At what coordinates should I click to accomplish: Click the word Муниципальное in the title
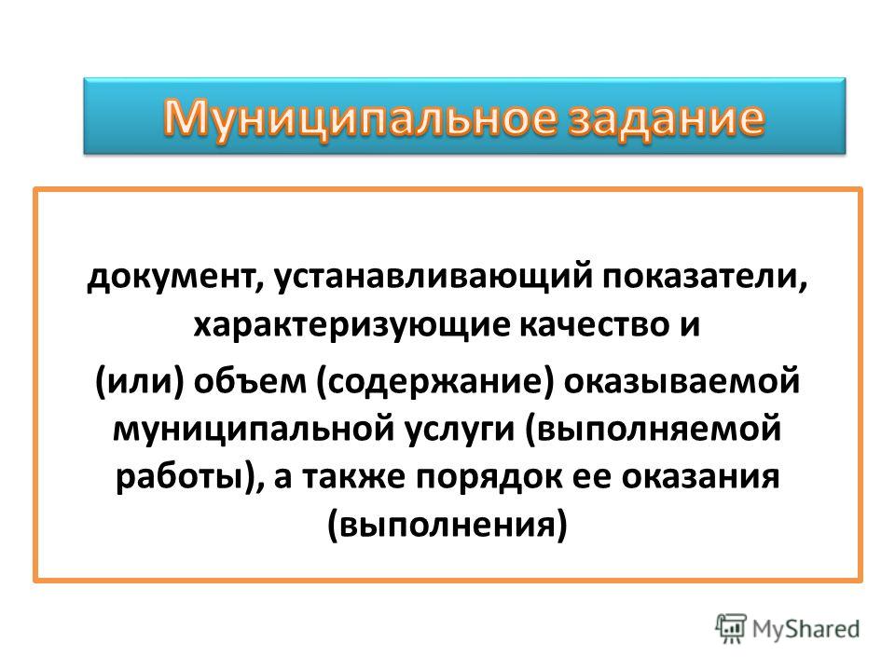[360, 118]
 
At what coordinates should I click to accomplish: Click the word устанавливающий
[434, 279]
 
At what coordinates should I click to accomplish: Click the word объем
[250, 382]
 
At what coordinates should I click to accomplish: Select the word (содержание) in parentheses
[435, 382]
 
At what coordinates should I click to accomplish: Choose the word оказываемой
[682, 382]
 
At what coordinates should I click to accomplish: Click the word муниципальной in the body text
[254, 430]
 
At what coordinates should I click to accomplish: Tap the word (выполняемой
[652, 430]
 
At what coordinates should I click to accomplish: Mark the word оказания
[700, 477]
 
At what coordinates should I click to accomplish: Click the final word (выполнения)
[447, 525]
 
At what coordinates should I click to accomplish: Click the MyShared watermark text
[805, 629]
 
